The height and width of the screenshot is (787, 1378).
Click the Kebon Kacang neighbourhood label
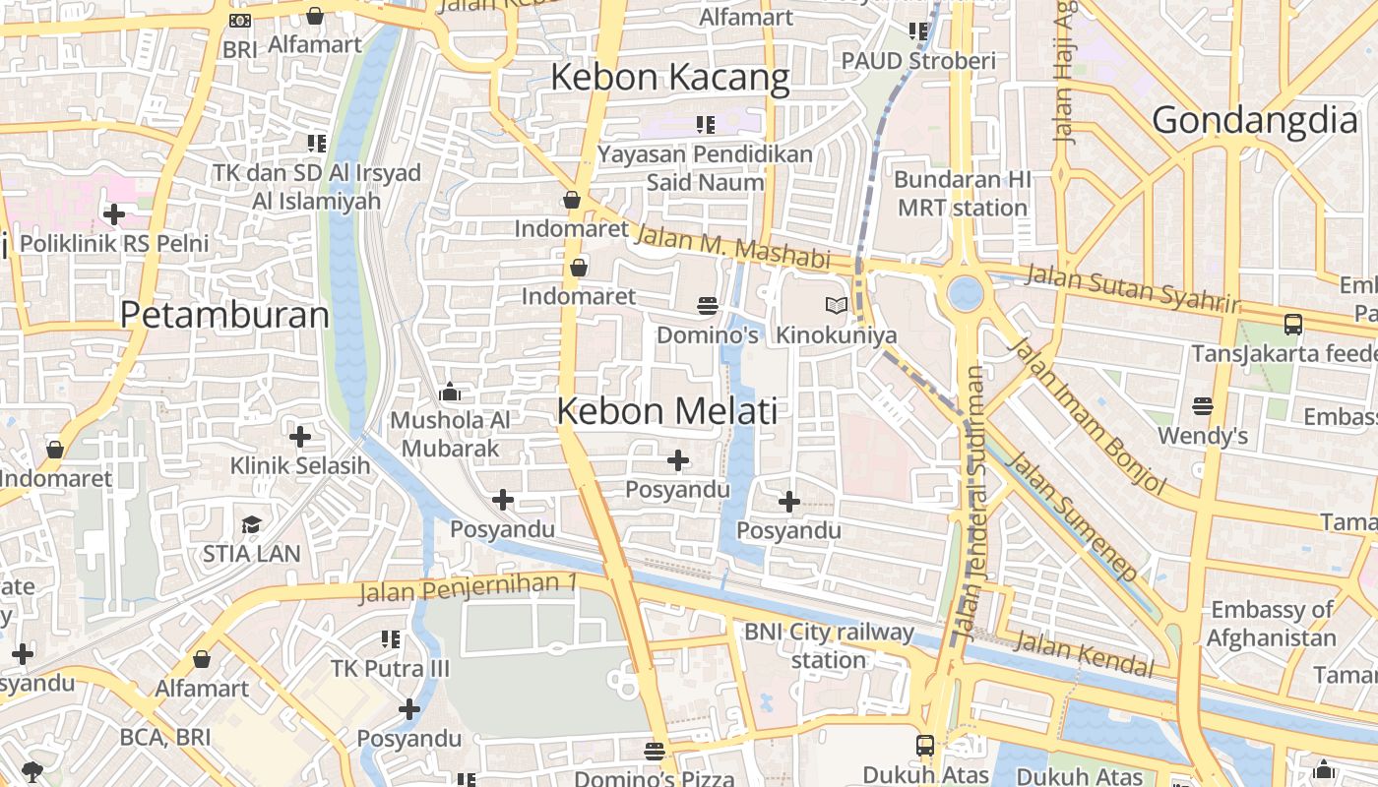[669, 78]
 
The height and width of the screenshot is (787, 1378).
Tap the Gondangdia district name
[1254, 120]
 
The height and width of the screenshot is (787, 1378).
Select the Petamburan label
[224, 315]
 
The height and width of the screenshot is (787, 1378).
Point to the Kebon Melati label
[667, 411]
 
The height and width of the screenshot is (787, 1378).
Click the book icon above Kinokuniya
[836, 306]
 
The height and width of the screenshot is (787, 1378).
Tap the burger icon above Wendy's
[1202, 405]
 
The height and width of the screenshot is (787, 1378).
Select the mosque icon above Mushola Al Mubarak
[450, 393]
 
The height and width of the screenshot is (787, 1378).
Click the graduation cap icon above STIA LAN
[251, 524]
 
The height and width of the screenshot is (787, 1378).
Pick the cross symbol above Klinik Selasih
[300, 436]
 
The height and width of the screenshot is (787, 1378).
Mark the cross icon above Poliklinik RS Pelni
[114, 213]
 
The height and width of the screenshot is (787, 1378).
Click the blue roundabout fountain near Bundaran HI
[966, 292]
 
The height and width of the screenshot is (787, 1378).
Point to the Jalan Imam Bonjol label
[1088, 416]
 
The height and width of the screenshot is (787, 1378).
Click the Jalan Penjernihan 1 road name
[467, 588]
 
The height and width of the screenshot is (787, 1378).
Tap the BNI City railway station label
[828, 645]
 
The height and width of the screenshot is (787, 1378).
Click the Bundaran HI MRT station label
[962, 194]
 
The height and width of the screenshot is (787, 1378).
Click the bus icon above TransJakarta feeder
[1293, 324]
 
